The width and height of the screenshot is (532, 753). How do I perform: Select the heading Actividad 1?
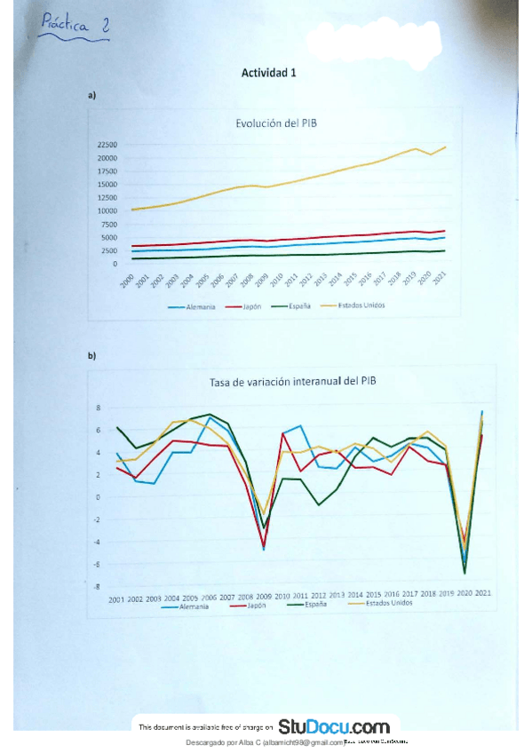pyautogui.click(x=269, y=74)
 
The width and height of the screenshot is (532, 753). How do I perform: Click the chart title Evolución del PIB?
pyautogui.click(x=276, y=124)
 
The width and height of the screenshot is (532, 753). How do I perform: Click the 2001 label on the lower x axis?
pyautogui.click(x=116, y=600)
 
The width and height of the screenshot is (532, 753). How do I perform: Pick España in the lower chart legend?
pyautogui.click(x=313, y=604)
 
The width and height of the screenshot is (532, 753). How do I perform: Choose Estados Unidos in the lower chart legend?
pyautogui.click(x=384, y=603)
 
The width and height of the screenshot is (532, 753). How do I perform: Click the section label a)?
pyautogui.click(x=91, y=95)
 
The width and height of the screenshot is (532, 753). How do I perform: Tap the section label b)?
pyautogui.click(x=91, y=357)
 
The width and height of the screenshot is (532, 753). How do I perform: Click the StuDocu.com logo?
pyautogui.click(x=334, y=726)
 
